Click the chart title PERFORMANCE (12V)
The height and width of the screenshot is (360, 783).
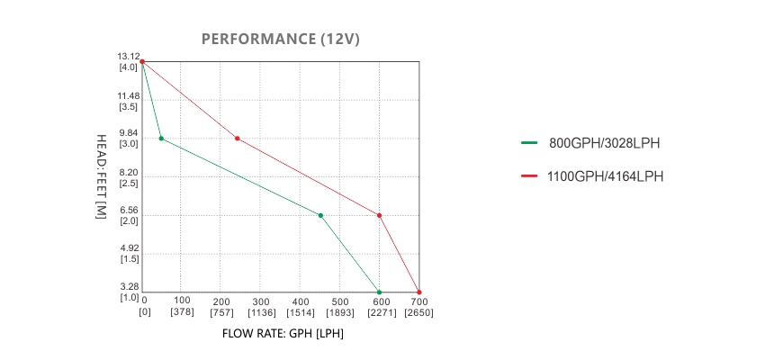281,39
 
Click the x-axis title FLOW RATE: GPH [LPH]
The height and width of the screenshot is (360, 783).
283,333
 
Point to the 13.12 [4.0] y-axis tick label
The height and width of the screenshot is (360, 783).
129,61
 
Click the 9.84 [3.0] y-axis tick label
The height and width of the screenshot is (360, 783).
129,138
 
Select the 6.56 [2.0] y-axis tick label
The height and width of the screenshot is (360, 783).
129,215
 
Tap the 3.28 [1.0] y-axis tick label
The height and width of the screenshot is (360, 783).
129,292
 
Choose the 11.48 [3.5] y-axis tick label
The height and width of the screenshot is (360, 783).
129,101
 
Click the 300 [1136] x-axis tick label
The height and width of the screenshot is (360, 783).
261,306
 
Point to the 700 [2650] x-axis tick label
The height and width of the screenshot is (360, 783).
418,306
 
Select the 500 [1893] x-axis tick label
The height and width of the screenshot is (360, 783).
339,306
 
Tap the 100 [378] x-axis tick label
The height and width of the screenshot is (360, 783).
182,306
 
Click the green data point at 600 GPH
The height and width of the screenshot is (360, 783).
379,292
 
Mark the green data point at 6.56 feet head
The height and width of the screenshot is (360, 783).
320,215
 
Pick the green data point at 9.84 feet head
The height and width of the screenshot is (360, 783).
161,139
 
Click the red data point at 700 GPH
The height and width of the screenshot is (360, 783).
418,292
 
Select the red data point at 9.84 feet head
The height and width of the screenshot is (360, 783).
237,139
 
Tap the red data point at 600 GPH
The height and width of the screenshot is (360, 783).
379,215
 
